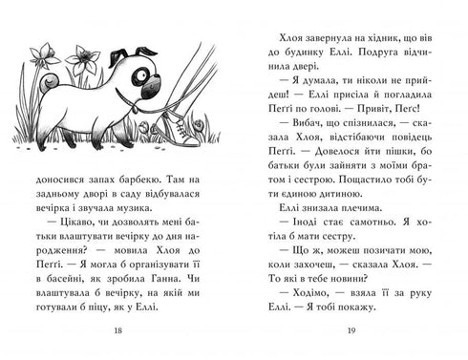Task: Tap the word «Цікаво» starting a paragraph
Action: pos(69,223)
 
